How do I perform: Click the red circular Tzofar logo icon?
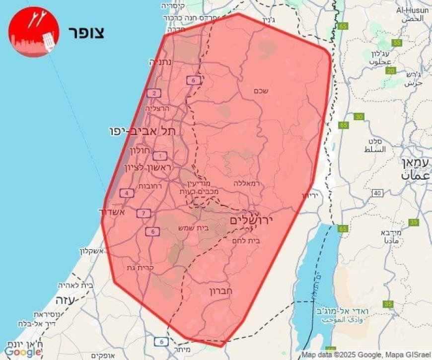[x=34, y=32]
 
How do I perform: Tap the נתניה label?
[x=161, y=63]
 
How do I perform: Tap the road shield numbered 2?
[x=154, y=93]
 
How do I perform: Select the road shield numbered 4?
[x=128, y=193]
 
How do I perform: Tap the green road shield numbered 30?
[x=359, y=117]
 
